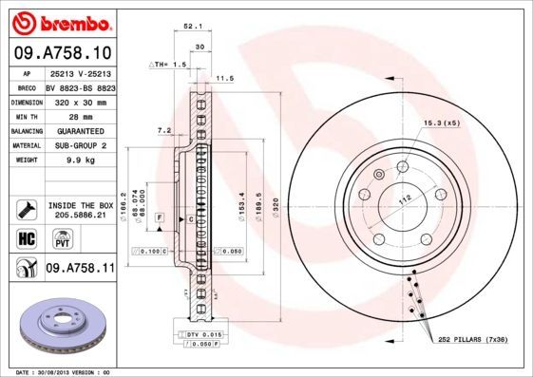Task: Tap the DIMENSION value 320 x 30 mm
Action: pos(80,101)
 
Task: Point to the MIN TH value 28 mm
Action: pos(80,115)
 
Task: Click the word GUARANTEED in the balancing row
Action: pos(80,130)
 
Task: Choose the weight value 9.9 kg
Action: pos(80,160)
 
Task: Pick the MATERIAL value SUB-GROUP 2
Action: pos(80,145)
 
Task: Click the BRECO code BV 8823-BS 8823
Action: pos(80,85)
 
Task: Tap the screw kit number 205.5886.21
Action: pos(80,216)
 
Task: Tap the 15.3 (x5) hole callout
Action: pos(440,123)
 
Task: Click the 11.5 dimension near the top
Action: pos(225,78)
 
